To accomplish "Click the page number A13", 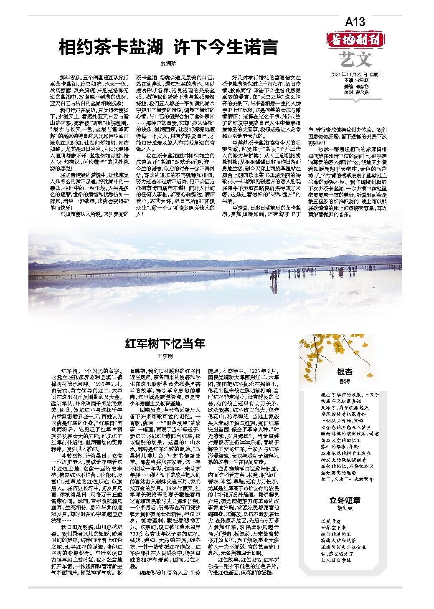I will tap(355, 22).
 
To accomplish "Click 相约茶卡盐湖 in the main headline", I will tap(110, 48).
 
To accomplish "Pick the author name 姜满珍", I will tap(169, 64).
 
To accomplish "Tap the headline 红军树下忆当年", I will tap(165, 344).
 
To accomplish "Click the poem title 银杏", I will tap(345, 372).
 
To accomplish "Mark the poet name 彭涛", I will tap(345, 382).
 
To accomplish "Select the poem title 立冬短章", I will tap(345, 500).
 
